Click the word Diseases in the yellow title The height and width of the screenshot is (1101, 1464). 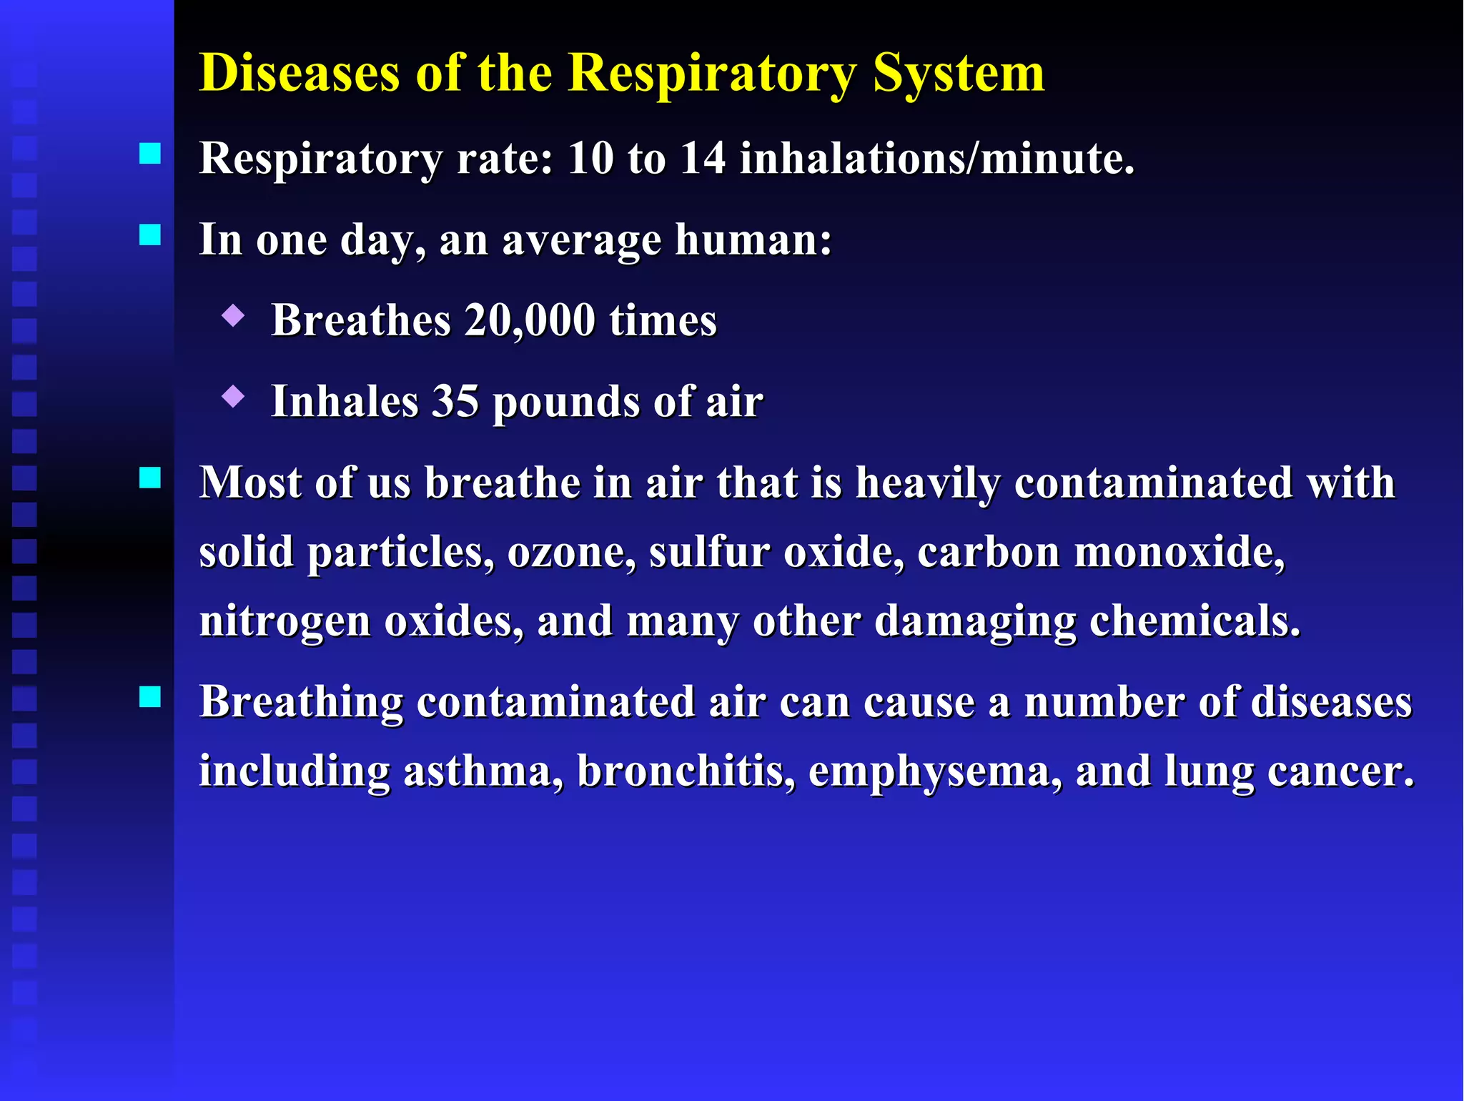pos(299,73)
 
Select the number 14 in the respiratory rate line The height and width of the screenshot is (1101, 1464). pos(703,158)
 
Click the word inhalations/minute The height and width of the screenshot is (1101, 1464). pos(936,158)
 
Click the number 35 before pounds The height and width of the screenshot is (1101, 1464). pos(455,401)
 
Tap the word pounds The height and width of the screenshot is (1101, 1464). pos(567,403)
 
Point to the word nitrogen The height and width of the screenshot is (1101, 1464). pos(285,621)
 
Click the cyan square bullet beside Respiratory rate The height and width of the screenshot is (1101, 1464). pos(150,154)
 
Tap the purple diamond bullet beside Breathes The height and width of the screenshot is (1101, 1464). pos(233,315)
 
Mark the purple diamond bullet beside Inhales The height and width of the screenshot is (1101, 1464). pos(233,396)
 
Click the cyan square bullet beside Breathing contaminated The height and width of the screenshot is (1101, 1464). pos(150,696)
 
